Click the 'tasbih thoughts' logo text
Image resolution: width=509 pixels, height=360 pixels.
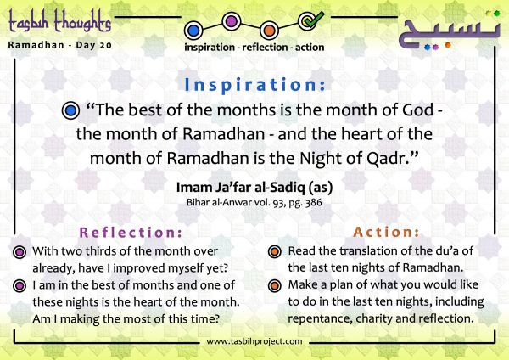(60, 20)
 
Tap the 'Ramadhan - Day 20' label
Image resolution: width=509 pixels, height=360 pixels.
(60, 45)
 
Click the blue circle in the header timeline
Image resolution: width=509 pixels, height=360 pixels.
(193, 31)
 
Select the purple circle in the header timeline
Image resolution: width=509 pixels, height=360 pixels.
(232, 21)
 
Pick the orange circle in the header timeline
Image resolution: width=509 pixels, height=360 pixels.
(270, 31)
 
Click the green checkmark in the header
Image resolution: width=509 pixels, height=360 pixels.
(313, 20)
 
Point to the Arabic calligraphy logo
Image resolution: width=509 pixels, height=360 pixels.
(450, 32)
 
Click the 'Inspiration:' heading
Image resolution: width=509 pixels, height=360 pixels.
(255, 85)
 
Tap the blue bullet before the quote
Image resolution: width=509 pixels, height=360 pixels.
(70, 110)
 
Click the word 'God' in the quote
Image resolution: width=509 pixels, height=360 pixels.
(417, 110)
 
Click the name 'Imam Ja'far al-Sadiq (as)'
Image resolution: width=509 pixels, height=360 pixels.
(255, 188)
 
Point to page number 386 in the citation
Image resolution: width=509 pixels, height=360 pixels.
(314, 202)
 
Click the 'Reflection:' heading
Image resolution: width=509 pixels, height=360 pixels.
(131, 233)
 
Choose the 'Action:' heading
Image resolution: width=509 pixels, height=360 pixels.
(386, 232)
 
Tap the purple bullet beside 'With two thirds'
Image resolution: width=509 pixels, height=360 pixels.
(20, 252)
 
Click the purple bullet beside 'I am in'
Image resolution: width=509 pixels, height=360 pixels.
(20, 286)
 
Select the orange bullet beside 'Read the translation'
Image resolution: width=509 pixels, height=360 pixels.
(275, 252)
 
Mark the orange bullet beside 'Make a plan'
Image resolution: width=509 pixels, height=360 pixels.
(275, 285)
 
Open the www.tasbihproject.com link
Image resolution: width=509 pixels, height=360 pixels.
(255, 341)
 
